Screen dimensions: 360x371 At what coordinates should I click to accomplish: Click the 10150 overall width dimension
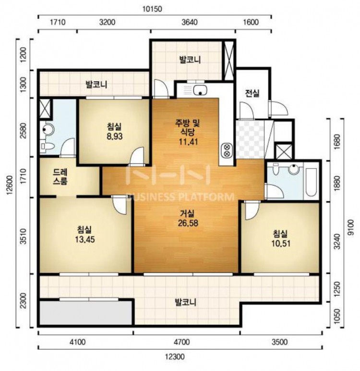pyautogui.click(x=152, y=9)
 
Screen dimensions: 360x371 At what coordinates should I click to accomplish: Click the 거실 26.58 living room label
pyautogui.click(x=188, y=218)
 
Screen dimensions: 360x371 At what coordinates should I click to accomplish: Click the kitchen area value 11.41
pyautogui.click(x=188, y=142)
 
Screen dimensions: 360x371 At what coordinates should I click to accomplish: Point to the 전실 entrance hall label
pyautogui.click(x=252, y=93)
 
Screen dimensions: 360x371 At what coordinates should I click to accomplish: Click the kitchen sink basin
pyautogui.click(x=200, y=90)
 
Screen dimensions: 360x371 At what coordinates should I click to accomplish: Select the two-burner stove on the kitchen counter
pyautogui.click(x=227, y=151)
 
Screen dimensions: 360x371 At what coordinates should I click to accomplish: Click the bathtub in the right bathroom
pyautogui.click(x=311, y=182)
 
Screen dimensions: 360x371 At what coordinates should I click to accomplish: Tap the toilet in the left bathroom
pyautogui.click(x=47, y=146)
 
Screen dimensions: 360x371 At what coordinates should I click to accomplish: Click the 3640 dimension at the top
pyautogui.click(x=190, y=22)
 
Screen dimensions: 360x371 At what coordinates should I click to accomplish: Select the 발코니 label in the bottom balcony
pyautogui.click(x=185, y=302)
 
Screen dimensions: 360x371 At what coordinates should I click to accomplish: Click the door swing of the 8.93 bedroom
pyautogui.click(x=137, y=155)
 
